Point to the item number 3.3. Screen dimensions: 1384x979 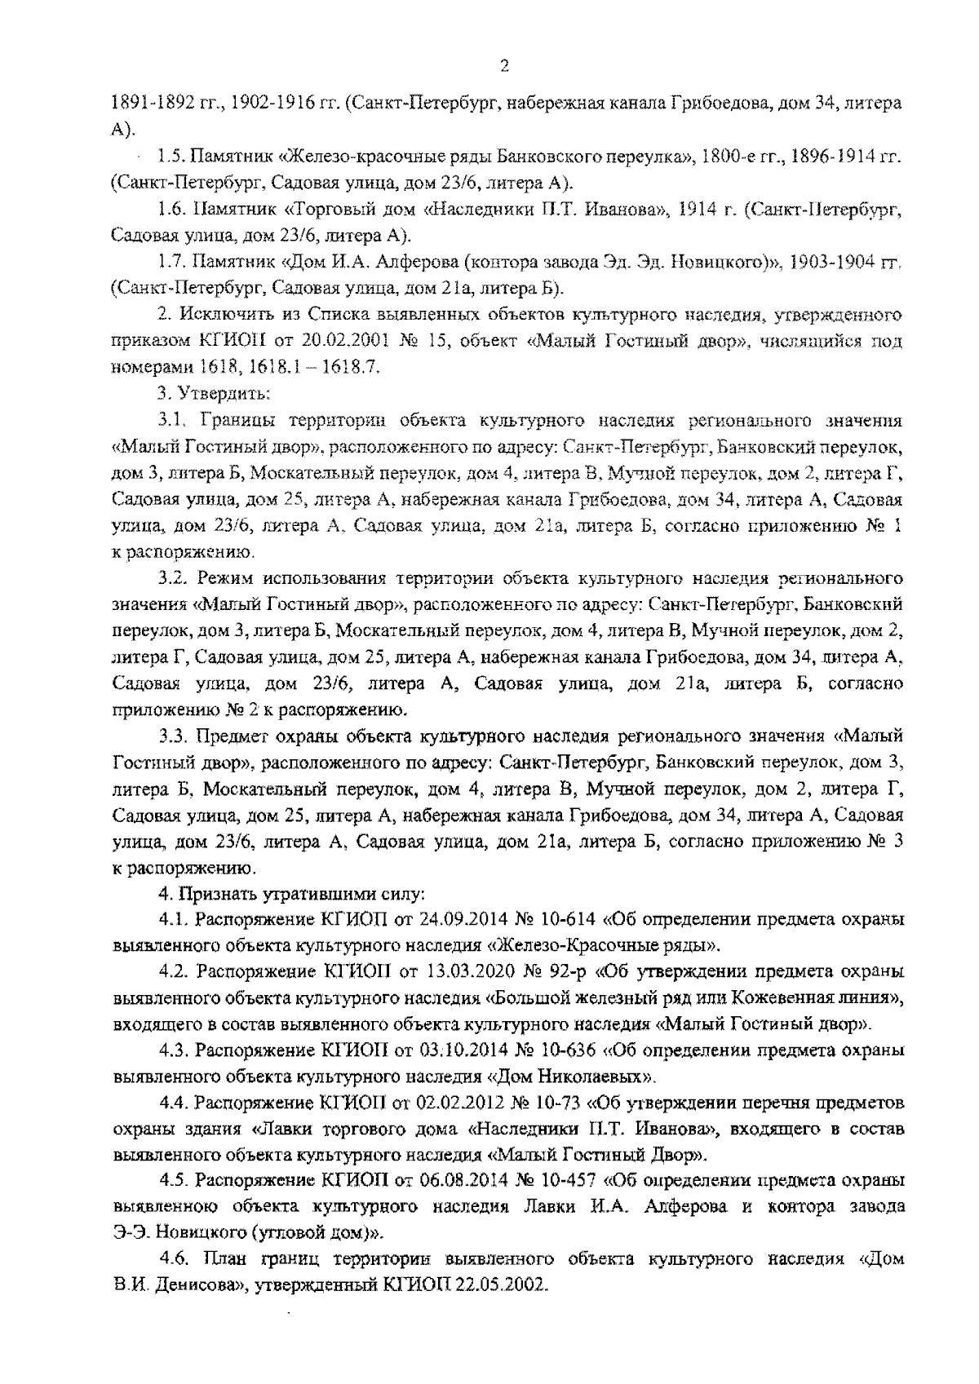[173, 736]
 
